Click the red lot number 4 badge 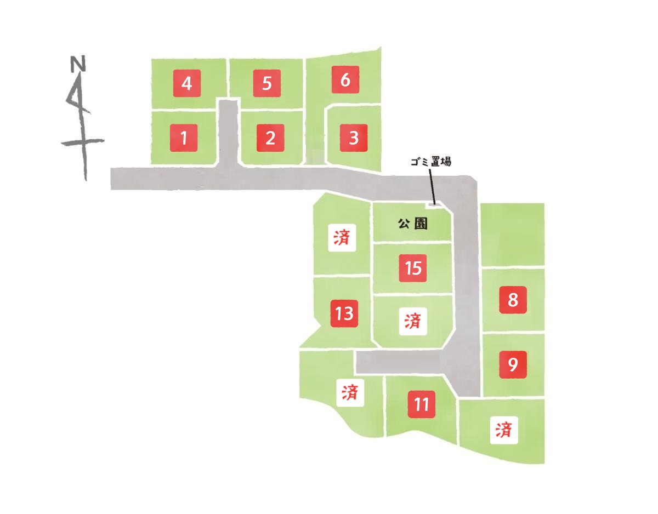coord(187,83)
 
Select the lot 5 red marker coord(267,83)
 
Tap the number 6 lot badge coord(345,79)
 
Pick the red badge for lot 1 coord(184,138)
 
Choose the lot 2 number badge coord(270,138)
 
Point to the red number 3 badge coord(354,138)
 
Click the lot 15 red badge coord(413,268)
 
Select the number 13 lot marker coord(344,313)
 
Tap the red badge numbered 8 coord(513,300)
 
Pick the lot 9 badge coord(513,364)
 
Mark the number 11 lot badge coord(422,404)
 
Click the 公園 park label coord(413,224)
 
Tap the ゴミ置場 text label coord(431,162)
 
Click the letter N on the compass coord(78,64)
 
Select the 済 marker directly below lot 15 coord(413,321)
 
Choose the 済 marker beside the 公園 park coord(342,238)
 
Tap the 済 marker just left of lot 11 coord(350,392)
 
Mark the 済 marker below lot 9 coord(504,430)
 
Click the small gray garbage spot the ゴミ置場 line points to coord(434,205)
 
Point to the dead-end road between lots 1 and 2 coord(228,133)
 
